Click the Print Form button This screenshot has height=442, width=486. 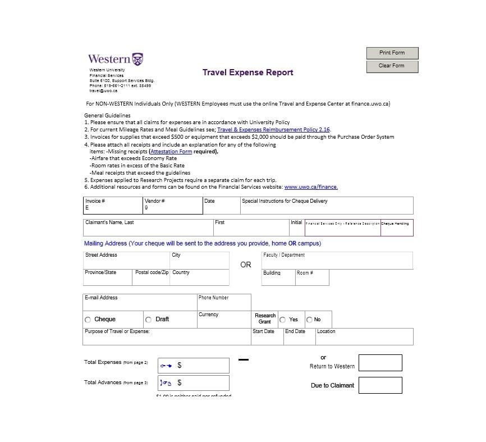click(392, 53)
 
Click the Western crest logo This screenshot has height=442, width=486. click(137, 58)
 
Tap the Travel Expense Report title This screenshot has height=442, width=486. click(247, 72)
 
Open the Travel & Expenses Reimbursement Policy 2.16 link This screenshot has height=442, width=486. click(273, 130)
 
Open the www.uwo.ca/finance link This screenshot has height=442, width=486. click(311, 187)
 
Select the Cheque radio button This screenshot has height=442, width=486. click(88, 320)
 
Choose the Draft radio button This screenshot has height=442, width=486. click(148, 320)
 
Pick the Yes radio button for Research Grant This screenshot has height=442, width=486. click(283, 320)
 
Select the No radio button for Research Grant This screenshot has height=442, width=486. click(309, 320)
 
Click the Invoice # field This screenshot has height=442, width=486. click(113, 208)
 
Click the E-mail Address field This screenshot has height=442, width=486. click(139, 304)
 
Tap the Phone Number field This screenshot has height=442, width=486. click(223, 305)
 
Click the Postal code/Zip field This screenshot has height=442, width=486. click(152, 280)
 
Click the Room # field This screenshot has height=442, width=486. click(312, 280)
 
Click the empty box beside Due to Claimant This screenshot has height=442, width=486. click(380, 385)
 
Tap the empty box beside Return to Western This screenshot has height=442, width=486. click(380, 363)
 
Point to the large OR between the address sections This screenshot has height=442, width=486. click(246, 265)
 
